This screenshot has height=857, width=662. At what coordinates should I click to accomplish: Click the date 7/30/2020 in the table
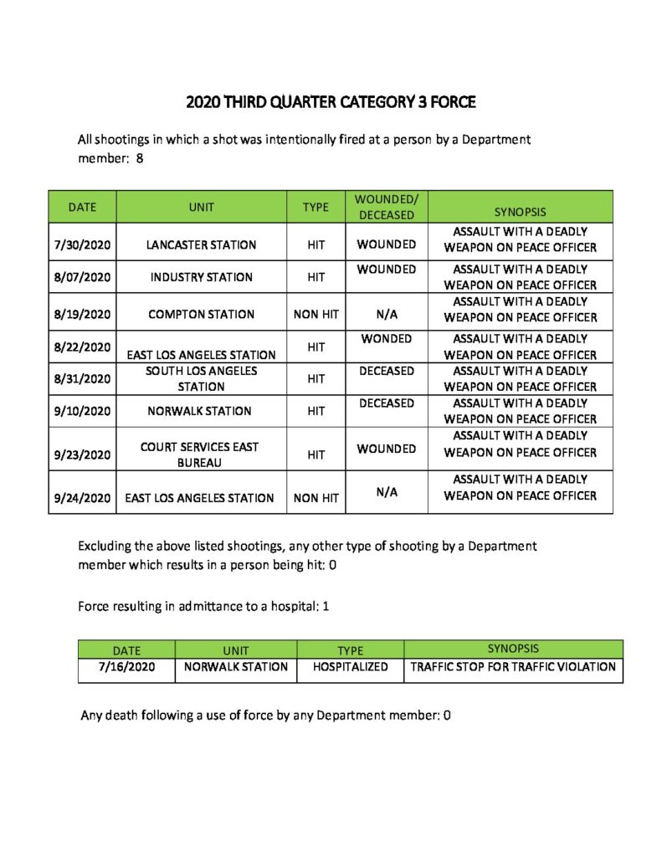pyautogui.click(x=81, y=245)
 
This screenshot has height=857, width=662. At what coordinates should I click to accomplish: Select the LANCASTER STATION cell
pyautogui.click(x=201, y=245)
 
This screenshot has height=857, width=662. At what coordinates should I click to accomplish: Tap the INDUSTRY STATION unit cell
pyautogui.click(x=201, y=277)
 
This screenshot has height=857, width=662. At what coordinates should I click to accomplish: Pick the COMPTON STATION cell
pyautogui.click(x=201, y=315)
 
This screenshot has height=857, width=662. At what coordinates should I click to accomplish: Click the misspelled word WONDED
pyautogui.click(x=386, y=339)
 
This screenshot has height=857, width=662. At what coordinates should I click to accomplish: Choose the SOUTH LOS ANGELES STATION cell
pyautogui.click(x=201, y=378)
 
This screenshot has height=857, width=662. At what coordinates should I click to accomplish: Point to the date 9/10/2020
pyautogui.click(x=81, y=411)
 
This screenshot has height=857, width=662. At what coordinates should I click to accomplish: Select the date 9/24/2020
pyautogui.click(x=81, y=498)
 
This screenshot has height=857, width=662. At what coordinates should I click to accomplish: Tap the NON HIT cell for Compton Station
pyautogui.click(x=316, y=315)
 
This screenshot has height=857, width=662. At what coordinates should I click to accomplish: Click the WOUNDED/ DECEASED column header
pyautogui.click(x=386, y=207)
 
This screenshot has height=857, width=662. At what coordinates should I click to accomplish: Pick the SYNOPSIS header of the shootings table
pyautogui.click(x=520, y=213)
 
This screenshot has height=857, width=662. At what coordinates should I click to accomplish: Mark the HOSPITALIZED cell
pyautogui.click(x=350, y=667)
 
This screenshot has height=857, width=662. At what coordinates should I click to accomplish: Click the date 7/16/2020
pyautogui.click(x=126, y=667)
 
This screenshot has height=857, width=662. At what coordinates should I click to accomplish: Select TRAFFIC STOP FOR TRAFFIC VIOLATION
pyautogui.click(x=513, y=667)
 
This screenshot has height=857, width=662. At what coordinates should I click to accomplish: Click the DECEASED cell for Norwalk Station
pyautogui.click(x=386, y=403)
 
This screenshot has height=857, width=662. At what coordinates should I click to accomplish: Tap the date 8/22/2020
pyautogui.click(x=81, y=346)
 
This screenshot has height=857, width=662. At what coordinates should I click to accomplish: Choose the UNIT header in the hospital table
pyautogui.click(x=236, y=650)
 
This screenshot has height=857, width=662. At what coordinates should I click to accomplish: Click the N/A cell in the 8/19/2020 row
pyautogui.click(x=386, y=315)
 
